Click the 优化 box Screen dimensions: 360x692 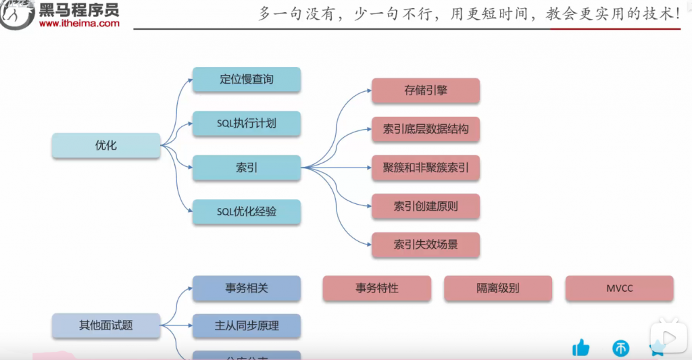[x=106, y=145]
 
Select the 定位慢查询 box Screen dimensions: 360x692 [x=247, y=80]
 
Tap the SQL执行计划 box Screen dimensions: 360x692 [x=247, y=124]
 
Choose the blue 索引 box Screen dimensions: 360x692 [x=247, y=168]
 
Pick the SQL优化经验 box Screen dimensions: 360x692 [x=247, y=211]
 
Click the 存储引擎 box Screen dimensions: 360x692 [x=426, y=91]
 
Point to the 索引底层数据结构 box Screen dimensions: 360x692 [x=426, y=128]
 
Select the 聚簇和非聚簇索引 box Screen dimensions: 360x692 [x=426, y=168]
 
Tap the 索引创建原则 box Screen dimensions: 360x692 [x=426, y=206]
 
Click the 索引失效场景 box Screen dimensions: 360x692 [x=426, y=245]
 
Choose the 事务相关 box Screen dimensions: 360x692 [x=247, y=288]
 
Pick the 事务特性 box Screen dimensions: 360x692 [x=377, y=288]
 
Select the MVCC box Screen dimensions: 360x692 [x=619, y=288]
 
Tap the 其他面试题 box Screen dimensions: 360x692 [x=106, y=326]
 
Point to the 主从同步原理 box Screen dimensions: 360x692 [x=247, y=326]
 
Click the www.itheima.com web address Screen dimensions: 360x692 [x=79, y=24]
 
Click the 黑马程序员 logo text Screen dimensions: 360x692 [x=79, y=9]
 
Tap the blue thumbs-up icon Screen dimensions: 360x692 [x=580, y=348]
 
